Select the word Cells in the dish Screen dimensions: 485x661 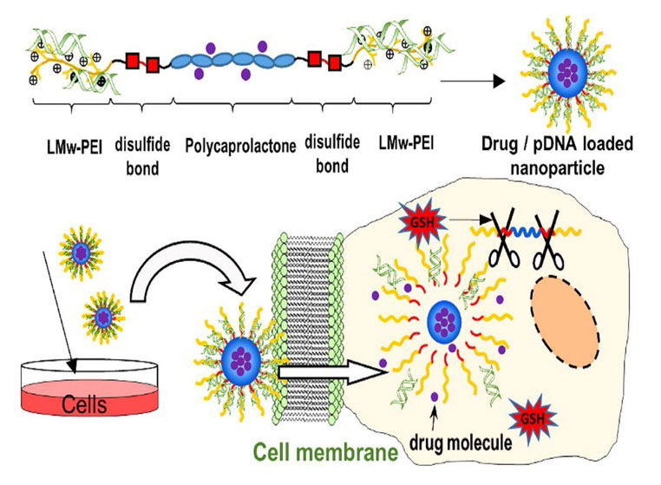85,404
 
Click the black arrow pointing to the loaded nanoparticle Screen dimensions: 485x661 472,82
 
